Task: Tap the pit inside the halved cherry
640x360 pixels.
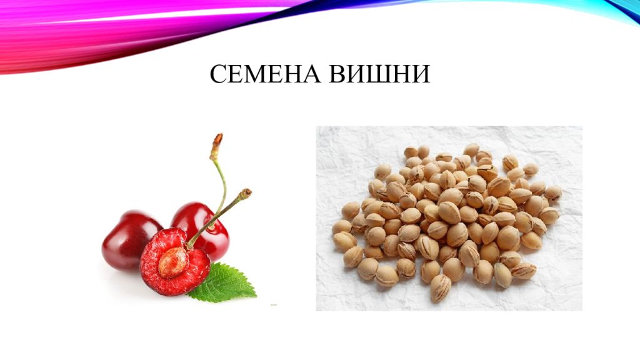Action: pos(173,262)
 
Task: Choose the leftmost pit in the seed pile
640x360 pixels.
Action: pos(341,226)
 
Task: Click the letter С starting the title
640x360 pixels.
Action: pos(217,74)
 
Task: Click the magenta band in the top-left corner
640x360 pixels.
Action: pos(37,31)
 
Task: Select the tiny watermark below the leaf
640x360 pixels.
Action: pos(274,305)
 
